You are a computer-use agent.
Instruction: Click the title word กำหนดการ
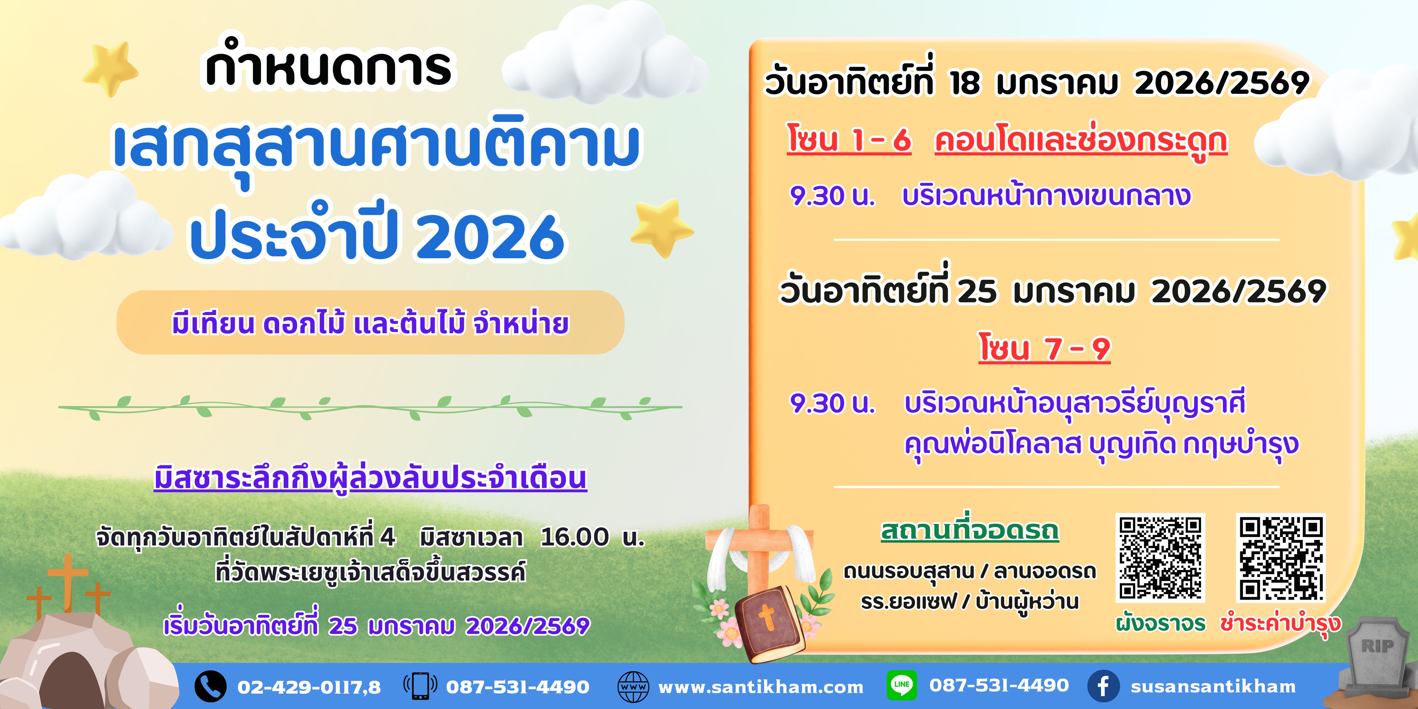click(x=329, y=66)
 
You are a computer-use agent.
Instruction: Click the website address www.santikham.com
click(x=761, y=687)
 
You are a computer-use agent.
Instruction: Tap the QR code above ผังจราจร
click(x=1160, y=558)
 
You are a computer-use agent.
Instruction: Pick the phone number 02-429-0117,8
click(x=309, y=687)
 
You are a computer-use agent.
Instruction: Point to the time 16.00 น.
click(x=592, y=537)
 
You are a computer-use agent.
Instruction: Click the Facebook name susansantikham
click(x=1213, y=687)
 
